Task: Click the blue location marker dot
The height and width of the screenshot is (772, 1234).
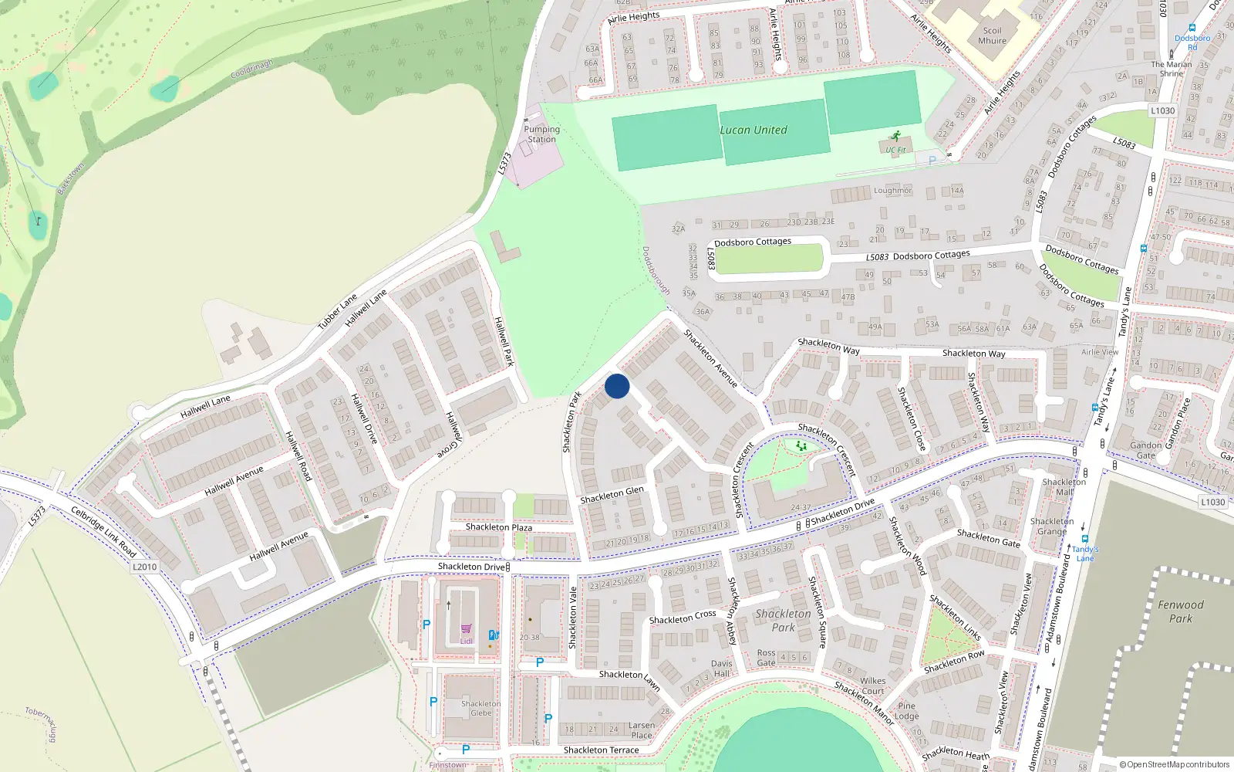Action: point(617,386)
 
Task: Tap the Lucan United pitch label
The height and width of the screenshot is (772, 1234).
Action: point(754,130)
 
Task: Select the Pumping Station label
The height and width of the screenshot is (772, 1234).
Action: point(541,134)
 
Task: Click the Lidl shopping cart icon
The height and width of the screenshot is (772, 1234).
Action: point(466,629)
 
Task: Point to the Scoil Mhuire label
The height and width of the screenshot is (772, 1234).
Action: point(992,36)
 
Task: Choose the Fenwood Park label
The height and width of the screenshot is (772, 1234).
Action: point(1180,611)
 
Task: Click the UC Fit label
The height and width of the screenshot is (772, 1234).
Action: point(895,150)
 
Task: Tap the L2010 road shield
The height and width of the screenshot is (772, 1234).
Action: point(144,567)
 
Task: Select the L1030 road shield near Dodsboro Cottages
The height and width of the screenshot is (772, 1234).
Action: point(1162,110)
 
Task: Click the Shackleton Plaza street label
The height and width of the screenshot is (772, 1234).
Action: point(498,527)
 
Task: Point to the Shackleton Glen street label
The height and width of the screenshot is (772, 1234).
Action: point(612,495)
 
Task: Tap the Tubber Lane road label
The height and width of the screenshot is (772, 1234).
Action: point(338,311)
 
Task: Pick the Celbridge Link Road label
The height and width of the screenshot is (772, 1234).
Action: point(103,532)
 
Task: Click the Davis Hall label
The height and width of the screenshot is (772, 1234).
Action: point(721,669)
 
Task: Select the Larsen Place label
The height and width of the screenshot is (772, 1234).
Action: point(641,730)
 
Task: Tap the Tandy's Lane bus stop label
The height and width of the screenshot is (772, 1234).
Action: point(1085,554)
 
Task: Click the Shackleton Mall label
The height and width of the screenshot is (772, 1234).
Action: point(1064,486)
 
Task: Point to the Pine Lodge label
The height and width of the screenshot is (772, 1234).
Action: point(906,711)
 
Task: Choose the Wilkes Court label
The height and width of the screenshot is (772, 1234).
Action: point(872,686)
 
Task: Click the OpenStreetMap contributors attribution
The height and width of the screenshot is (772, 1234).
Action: point(1175,764)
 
